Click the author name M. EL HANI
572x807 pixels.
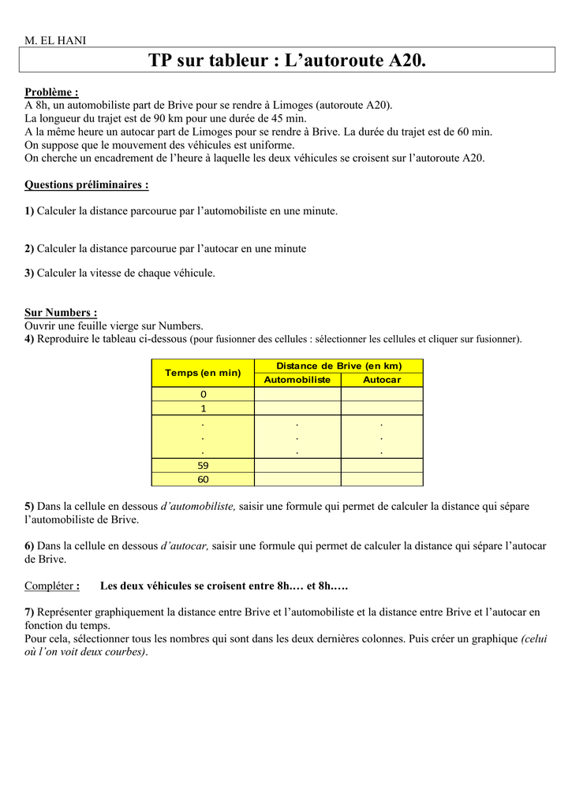(x=55, y=40)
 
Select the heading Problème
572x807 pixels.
(x=51, y=92)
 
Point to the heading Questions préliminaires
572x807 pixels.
(x=87, y=185)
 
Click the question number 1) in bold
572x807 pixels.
(x=29, y=211)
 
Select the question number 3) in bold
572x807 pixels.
(x=29, y=273)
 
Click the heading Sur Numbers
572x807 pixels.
(x=61, y=313)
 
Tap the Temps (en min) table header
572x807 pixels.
(x=203, y=373)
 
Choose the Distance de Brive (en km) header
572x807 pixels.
(x=338, y=366)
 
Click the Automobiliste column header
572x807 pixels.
(x=297, y=380)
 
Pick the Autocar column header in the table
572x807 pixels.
(x=382, y=380)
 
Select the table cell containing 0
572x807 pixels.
(x=203, y=394)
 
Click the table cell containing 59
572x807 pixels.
(x=203, y=465)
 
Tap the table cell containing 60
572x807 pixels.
(x=203, y=479)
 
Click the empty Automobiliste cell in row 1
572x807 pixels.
(x=297, y=408)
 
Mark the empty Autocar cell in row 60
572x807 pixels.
(x=382, y=479)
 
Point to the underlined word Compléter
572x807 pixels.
(x=51, y=586)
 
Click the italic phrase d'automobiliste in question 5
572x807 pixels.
(x=198, y=506)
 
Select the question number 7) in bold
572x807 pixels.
(x=29, y=612)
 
